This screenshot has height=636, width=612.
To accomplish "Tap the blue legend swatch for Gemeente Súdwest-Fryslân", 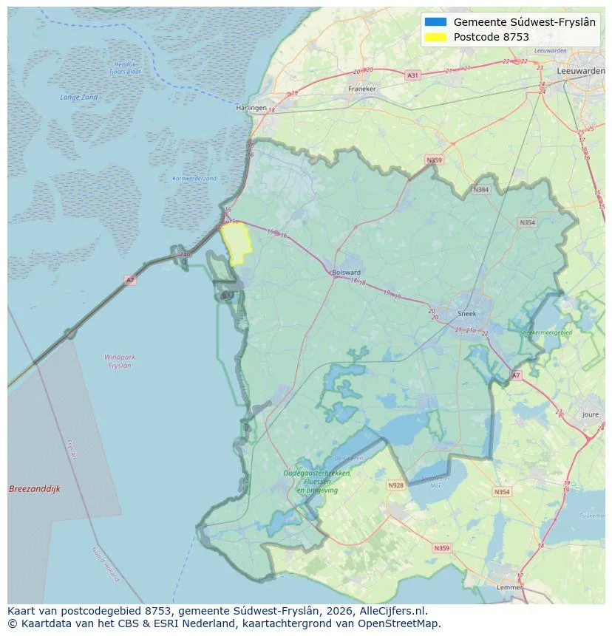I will tap(435, 21).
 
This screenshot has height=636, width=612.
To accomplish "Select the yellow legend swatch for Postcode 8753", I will tap(435, 37).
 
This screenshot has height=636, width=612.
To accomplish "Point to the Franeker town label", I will tap(361, 89).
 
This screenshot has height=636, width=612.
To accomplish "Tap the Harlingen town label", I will tap(251, 107).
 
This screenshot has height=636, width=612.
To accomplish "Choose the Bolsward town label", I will tap(347, 272).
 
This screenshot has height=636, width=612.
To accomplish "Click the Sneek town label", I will tap(466, 313).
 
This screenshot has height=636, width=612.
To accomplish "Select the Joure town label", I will tap(590, 415).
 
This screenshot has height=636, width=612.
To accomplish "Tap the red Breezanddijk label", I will tap(34, 489).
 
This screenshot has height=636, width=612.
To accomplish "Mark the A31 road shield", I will tap(412, 75).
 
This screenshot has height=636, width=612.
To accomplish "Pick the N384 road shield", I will tap(481, 190).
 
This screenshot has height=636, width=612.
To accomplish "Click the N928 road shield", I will tap(396, 485).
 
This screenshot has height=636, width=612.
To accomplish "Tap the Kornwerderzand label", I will tap(194, 179).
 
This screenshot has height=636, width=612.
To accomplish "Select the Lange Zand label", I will tap(78, 97).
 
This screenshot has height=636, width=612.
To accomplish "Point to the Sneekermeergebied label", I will tap(546, 333).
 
